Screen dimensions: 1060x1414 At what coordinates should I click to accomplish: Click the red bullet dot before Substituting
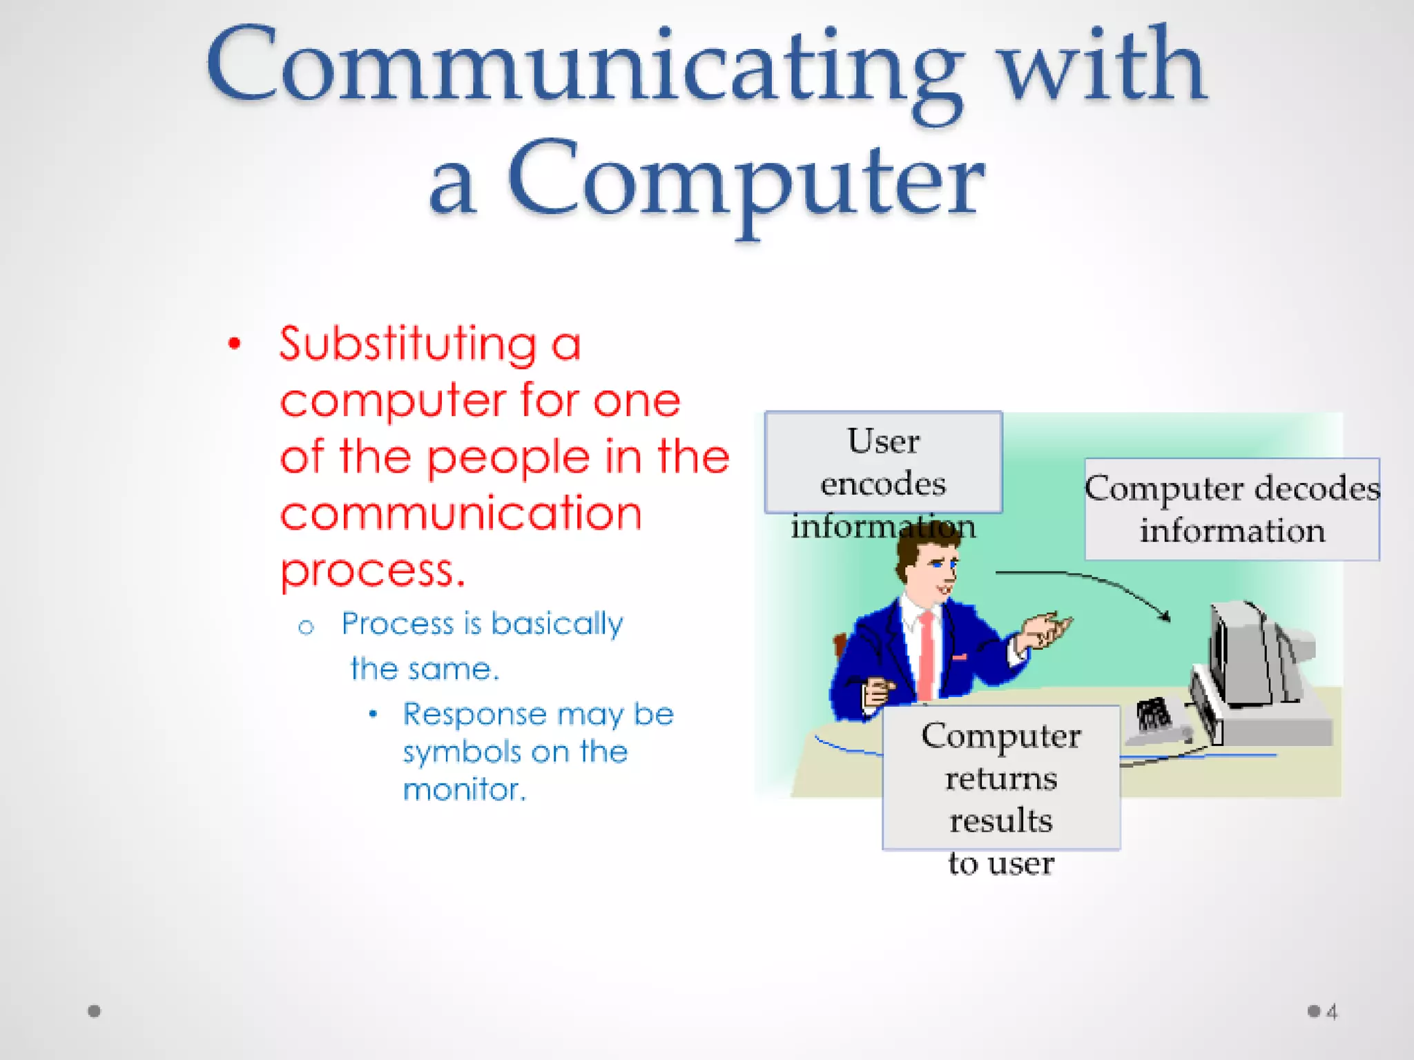tap(235, 343)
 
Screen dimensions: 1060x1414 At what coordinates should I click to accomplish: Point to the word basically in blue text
tap(556, 624)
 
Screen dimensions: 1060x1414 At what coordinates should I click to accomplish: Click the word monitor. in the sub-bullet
tap(464, 789)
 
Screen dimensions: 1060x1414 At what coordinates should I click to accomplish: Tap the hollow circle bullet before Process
tap(306, 627)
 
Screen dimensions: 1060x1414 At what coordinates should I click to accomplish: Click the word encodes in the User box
tap(883, 483)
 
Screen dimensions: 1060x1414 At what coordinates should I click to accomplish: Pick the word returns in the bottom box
tap(1001, 778)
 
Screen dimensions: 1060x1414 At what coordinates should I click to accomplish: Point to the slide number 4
tap(1332, 1012)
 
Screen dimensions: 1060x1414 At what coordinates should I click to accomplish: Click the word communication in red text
tap(461, 513)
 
